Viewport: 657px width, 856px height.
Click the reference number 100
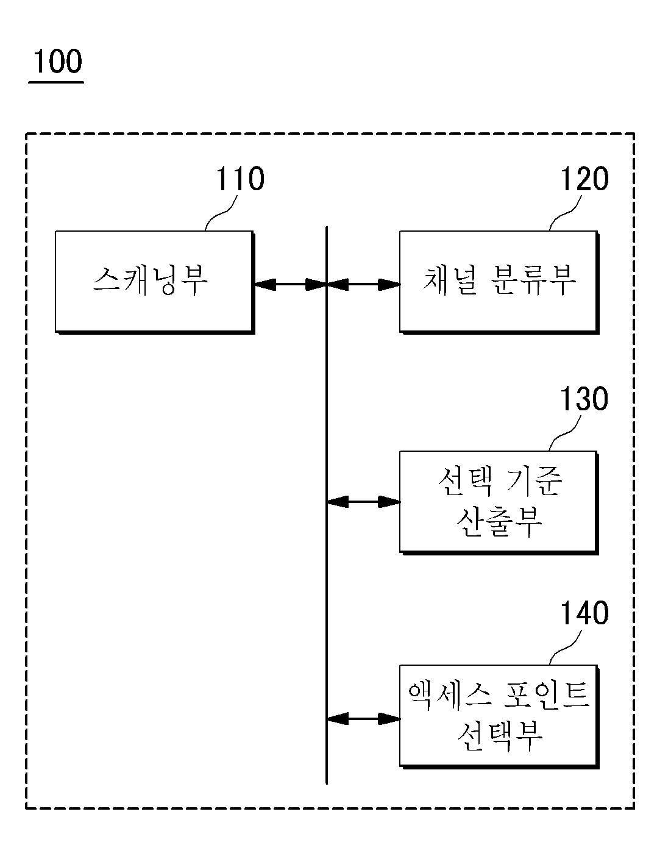point(58,61)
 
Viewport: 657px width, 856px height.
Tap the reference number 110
point(240,179)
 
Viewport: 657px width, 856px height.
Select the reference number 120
point(584,179)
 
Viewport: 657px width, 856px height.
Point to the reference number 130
point(584,399)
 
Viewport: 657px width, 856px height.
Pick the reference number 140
point(584,613)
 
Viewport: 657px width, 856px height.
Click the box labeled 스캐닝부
point(155,282)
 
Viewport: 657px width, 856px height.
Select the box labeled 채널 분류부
point(499,282)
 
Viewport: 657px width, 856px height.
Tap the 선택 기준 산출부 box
point(499,502)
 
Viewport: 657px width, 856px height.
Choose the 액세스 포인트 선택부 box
point(499,717)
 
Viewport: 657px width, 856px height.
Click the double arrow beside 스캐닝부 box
point(291,284)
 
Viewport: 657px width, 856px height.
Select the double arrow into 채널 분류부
point(363,284)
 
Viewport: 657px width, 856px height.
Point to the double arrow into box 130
point(363,502)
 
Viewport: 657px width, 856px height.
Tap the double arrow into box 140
point(363,719)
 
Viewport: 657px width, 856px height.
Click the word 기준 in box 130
point(534,482)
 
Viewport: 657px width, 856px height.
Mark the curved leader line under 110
point(221,213)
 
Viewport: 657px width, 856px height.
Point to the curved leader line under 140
point(566,647)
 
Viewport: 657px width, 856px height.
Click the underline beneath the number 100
point(56,82)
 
